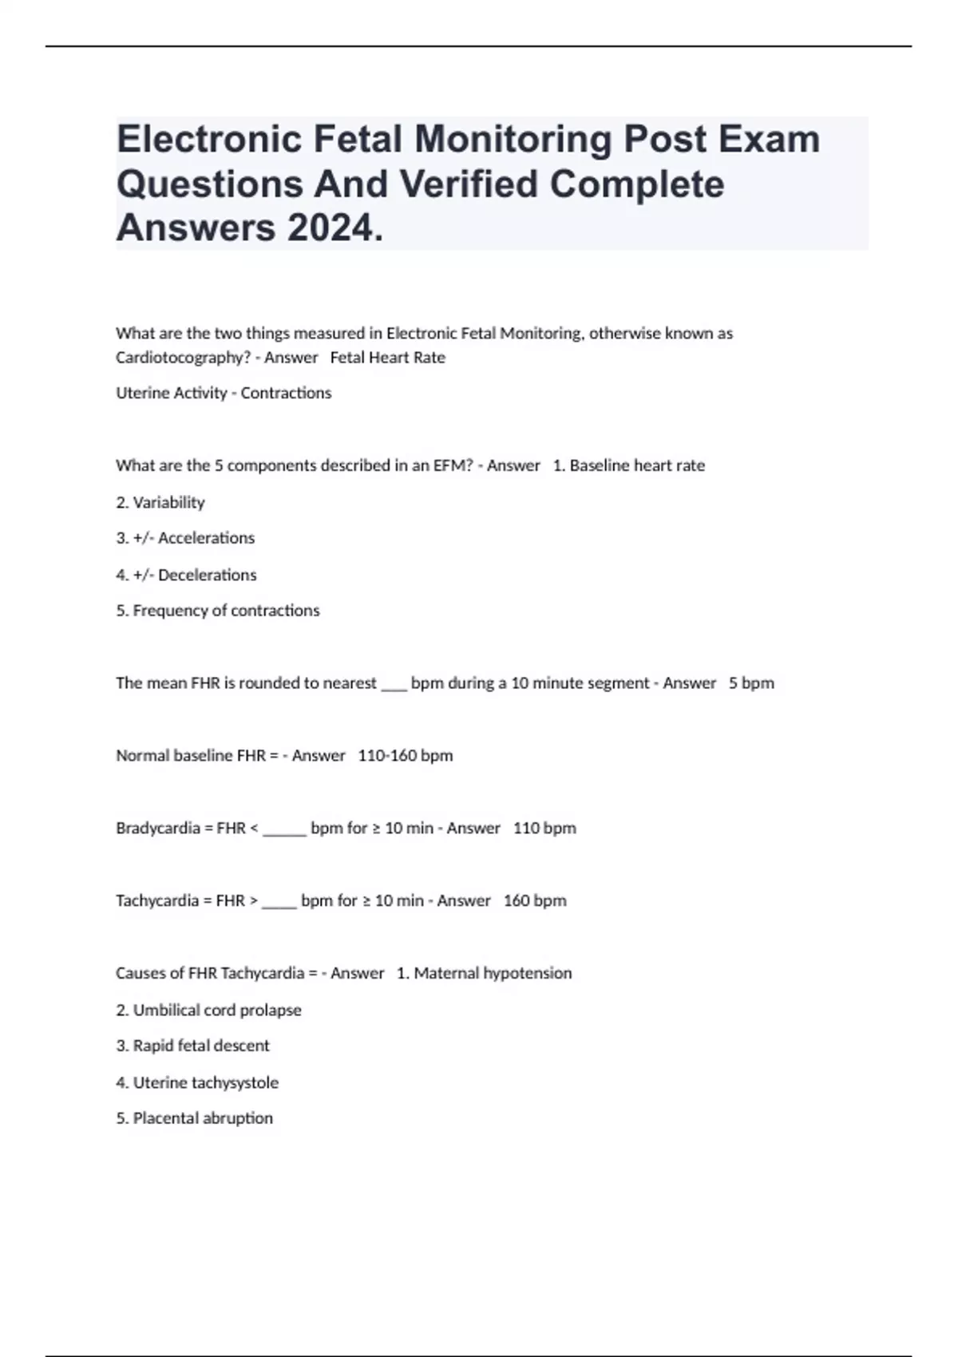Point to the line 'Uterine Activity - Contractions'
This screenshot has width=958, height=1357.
pos(224,393)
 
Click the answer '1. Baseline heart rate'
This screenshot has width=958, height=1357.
pos(629,465)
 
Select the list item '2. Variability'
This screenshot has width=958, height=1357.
pos(160,502)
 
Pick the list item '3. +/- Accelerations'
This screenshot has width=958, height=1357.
pos(185,538)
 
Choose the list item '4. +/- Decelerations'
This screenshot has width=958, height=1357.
pos(186,575)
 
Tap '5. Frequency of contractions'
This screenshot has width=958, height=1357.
pos(218,611)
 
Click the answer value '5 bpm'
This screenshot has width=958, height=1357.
pos(751,683)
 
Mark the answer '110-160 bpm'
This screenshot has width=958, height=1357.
pos(406,755)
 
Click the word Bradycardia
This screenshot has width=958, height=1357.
pos(158,828)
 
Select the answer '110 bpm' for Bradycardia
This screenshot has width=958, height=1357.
pos(544,828)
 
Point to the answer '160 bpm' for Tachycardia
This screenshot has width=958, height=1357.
pos(535,900)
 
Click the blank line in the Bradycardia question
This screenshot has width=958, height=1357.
pos(284,830)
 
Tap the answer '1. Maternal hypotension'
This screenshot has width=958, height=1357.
pos(485,973)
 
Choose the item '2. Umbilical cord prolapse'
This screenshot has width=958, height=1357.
pos(209,1010)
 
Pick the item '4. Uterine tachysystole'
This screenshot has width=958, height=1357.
pos(197,1082)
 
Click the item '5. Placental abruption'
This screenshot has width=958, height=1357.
pos(195,1118)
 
